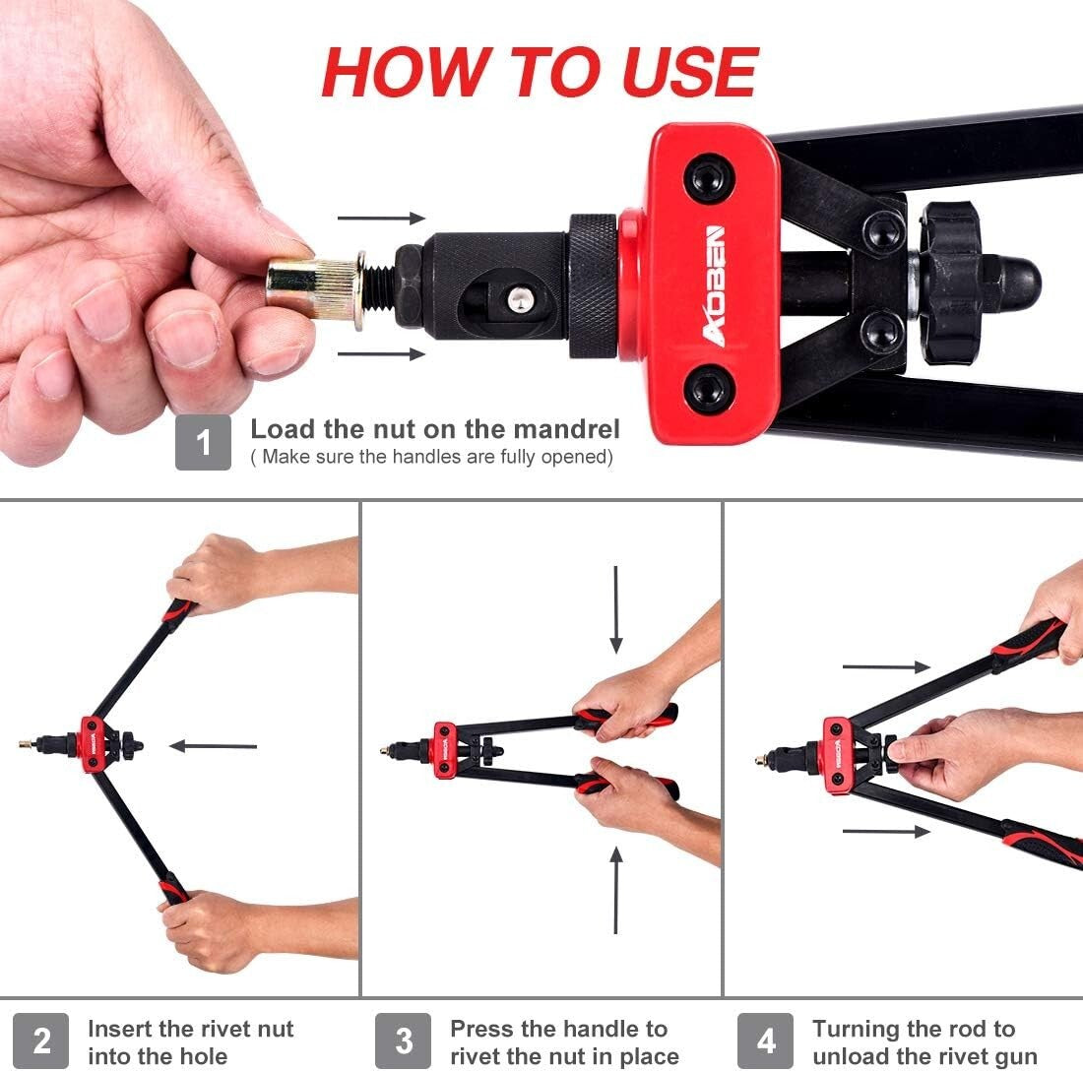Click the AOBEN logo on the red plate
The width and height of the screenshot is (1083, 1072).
tap(715, 285)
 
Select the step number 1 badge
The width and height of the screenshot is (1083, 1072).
tap(203, 442)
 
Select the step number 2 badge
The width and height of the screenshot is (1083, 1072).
tap(41, 1040)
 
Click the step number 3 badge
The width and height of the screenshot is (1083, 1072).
tap(404, 1040)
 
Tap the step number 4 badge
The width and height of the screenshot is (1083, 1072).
tap(766, 1040)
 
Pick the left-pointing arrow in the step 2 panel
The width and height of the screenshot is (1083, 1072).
tap(213, 746)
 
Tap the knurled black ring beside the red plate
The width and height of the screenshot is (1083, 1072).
tap(593, 285)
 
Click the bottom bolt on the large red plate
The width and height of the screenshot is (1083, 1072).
tap(708, 390)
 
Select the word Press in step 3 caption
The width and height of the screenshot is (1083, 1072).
tap(482, 1030)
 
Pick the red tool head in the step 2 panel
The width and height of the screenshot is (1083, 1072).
tap(95, 744)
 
